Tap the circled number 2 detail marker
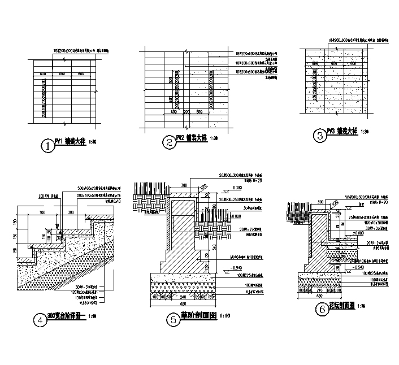click(x=169, y=142)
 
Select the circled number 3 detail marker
click(x=320, y=135)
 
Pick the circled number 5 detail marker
click(x=173, y=319)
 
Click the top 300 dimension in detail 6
click(x=320, y=201)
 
